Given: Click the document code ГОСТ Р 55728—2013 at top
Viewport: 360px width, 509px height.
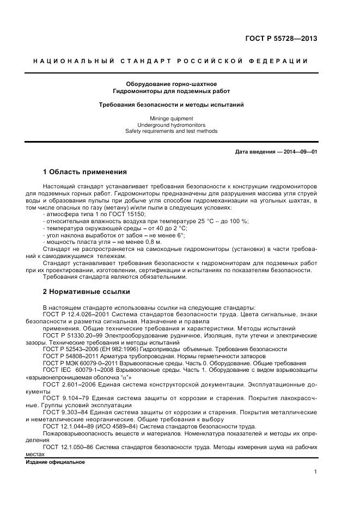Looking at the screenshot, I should coord(281,39).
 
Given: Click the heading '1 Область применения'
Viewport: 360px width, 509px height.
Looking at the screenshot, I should coord(84,172).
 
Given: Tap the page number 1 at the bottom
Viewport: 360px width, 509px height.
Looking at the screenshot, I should coord(315,472).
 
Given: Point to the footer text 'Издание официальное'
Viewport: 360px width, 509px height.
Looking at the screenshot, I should coord(56,462).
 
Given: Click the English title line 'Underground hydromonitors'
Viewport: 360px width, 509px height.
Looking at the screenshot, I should coord(171,125).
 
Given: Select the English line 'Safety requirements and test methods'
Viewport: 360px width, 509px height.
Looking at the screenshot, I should coord(171,131).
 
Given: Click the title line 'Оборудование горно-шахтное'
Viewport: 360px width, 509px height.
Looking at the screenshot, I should coord(171,84).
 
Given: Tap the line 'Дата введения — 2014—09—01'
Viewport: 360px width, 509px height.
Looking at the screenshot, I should coord(276,152).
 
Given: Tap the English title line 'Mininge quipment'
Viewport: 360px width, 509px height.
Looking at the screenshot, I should coord(171,118).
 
